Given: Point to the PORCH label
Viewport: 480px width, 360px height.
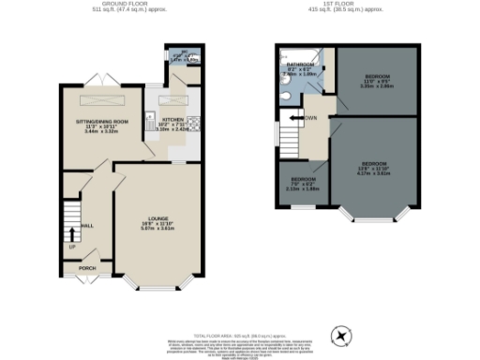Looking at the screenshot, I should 87,268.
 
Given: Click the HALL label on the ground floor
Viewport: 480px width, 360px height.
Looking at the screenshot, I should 88,226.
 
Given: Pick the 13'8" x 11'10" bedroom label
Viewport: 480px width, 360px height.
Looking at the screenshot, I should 376,165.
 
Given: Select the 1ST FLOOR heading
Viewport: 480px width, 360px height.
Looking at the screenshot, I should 345,6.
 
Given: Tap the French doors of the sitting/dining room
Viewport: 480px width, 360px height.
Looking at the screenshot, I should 96,74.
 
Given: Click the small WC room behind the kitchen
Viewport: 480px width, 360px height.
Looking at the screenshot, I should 176,56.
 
